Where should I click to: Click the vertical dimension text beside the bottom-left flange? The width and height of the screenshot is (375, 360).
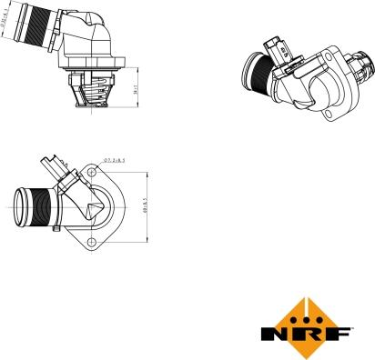pyautogui.click(x=145, y=205)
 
